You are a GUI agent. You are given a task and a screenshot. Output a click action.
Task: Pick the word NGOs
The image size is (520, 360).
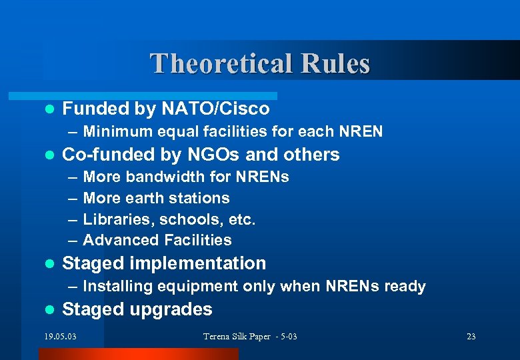(213, 155)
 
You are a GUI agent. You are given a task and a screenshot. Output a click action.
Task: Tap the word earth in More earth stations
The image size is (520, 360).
(145, 198)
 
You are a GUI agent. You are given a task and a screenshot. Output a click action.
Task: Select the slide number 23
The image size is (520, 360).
(471, 336)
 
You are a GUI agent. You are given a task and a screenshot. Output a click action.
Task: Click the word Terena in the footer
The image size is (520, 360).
(217, 336)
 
